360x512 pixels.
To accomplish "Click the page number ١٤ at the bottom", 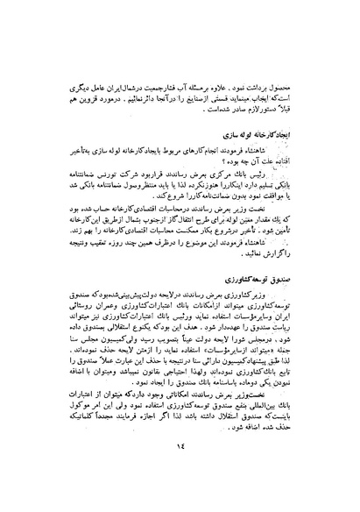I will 180,472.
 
